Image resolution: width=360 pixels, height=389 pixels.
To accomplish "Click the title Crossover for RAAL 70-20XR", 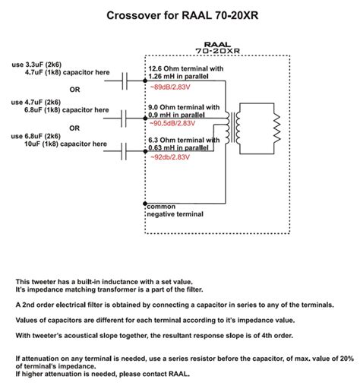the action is click(x=182, y=15).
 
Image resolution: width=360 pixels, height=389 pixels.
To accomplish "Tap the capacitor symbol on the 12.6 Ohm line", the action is click(x=125, y=81).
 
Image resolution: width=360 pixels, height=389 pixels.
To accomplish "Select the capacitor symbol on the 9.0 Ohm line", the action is click(x=124, y=119).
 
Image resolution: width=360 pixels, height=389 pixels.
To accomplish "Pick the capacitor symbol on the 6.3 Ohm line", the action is click(x=124, y=151).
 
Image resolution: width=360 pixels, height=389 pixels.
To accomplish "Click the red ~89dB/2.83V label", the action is click(x=170, y=87).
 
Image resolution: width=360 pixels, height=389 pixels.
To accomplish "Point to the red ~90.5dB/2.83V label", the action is click(x=172, y=123).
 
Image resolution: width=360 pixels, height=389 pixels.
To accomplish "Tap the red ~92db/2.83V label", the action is click(x=170, y=157).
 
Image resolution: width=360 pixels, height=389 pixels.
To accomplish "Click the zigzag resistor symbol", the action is click(x=277, y=128).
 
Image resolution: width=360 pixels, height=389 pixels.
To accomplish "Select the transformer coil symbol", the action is click(x=233, y=128).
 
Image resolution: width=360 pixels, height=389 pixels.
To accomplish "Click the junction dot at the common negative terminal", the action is click(x=145, y=204).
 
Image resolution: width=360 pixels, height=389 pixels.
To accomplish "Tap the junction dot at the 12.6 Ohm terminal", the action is click(x=145, y=81).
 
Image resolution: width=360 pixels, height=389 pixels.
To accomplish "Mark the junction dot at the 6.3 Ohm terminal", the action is click(x=145, y=151).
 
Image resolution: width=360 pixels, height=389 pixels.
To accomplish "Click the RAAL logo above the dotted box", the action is click(x=218, y=45).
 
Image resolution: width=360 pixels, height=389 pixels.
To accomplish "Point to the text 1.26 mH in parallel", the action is click(x=178, y=76).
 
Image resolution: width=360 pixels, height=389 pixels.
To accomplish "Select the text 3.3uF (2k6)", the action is click(x=43, y=65).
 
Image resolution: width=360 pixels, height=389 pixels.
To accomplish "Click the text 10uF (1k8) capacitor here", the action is click(x=65, y=144).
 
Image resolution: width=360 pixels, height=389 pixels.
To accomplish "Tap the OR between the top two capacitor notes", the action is click(x=74, y=90).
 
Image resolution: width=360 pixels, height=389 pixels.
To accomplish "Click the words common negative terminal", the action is click(x=175, y=210).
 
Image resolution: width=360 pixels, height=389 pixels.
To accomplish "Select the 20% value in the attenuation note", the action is click(x=347, y=359).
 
